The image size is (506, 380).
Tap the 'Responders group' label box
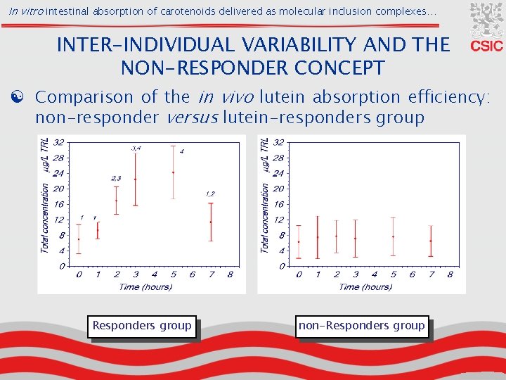tap(142, 325)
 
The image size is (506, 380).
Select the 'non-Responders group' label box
tap(362, 325)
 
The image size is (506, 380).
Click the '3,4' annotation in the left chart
tap(136, 148)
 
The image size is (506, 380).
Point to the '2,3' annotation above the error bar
tap(116, 179)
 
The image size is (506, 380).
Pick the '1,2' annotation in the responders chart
tap(210, 194)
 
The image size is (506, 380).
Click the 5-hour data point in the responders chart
tap(173, 172)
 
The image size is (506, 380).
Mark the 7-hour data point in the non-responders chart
tap(430, 241)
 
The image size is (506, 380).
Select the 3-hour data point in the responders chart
tap(135, 179)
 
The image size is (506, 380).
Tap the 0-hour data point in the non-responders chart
tap(299, 242)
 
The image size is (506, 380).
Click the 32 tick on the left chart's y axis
tap(60, 142)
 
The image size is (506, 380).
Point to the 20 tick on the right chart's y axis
tap(278, 189)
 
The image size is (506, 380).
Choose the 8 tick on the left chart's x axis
tap(230, 274)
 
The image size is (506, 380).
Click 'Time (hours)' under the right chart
tap(364, 286)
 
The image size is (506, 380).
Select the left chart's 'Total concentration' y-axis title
tap(45, 218)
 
